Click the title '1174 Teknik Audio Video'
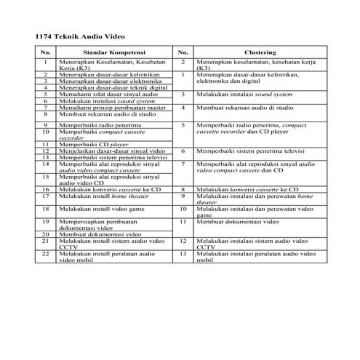(x=81, y=35)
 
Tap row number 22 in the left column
(x=45, y=253)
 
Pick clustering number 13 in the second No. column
(x=184, y=253)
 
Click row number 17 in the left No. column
(x=45, y=196)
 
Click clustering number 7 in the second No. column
(x=184, y=164)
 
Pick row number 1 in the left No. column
(x=45, y=63)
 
